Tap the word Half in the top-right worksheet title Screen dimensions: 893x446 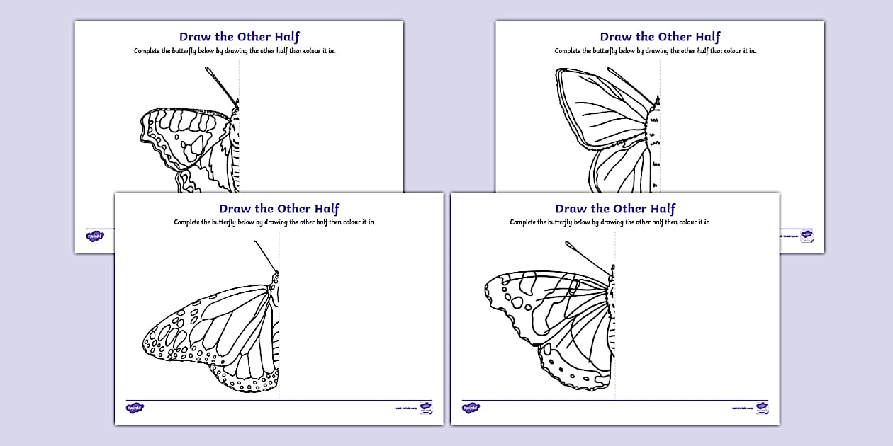pyautogui.click(x=707, y=37)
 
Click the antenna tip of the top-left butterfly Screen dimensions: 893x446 pyautogui.click(x=208, y=69)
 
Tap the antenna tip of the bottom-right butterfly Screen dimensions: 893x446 pyautogui.click(x=568, y=244)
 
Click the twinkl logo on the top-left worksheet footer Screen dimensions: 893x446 pyautogui.click(x=95, y=236)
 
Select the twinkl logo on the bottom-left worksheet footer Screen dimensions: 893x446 pyautogui.click(x=135, y=408)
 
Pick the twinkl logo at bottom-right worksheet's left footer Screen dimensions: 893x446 pyautogui.click(x=471, y=408)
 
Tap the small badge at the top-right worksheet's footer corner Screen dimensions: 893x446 pyautogui.click(x=807, y=236)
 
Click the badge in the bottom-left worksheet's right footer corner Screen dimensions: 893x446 pyautogui.click(x=426, y=408)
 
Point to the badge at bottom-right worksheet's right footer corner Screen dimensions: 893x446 pyautogui.click(x=762, y=408)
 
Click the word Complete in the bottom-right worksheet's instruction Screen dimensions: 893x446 pyautogui.click(x=524, y=222)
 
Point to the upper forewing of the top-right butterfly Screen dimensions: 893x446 pyautogui.click(x=602, y=106)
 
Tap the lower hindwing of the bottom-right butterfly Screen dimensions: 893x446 pyautogui.click(x=578, y=354)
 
